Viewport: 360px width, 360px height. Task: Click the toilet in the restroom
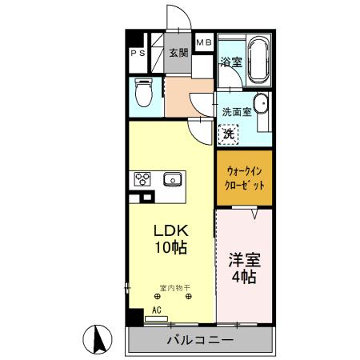point(143,92)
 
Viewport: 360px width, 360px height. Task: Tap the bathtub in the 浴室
point(258,60)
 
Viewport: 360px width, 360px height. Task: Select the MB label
point(204,42)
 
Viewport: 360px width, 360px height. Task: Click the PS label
point(138,53)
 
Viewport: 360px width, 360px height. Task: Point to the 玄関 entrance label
point(178,53)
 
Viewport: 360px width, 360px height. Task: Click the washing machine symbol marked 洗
point(229,134)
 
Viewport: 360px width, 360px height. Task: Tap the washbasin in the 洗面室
point(261,103)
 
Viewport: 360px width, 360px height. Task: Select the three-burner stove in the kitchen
point(142,179)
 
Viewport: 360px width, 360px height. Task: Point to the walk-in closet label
point(244,178)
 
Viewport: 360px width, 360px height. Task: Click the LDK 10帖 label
point(171,239)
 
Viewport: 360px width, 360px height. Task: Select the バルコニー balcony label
point(200,340)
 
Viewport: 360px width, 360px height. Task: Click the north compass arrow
point(99,339)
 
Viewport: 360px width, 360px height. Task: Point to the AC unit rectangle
point(156,318)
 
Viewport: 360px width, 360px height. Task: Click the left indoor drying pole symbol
point(157,296)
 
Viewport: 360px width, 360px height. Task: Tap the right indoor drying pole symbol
point(189,296)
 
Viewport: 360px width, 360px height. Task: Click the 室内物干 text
point(175,288)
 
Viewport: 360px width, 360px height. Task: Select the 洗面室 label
point(237,112)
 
